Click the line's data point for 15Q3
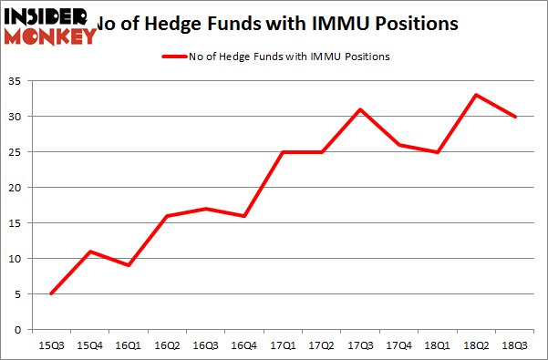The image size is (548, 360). coord(51,293)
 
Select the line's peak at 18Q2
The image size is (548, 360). coord(477,95)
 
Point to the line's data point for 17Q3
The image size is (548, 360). coord(360,109)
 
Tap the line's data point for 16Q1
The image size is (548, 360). coord(129,265)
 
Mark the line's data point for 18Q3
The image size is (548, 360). coord(515,117)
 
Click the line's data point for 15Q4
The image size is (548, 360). coord(90,252)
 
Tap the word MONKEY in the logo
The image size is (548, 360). coord(50,36)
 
